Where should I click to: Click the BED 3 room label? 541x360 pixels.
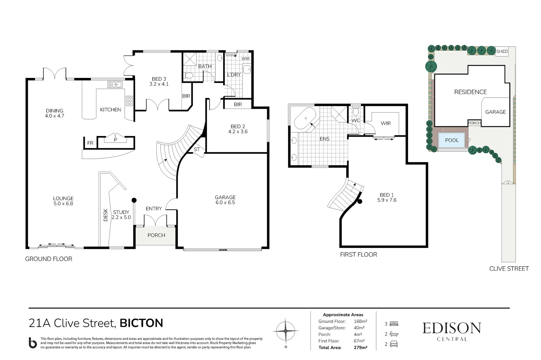tap(159, 79)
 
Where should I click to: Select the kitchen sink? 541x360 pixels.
tap(115, 85)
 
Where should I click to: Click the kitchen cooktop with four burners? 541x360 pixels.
tap(129, 101)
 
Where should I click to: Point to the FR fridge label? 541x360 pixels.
tap(90, 143)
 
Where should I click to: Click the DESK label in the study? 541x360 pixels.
tap(106, 215)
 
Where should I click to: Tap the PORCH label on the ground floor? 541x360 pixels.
tap(156, 235)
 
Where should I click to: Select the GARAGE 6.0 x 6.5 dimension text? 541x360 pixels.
tap(225, 202)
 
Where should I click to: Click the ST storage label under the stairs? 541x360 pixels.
tap(197, 149)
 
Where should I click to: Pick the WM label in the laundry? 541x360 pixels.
tap(246, 58)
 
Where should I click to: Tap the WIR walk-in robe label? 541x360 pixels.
tap(386, 123)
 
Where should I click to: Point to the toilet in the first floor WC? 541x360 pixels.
tap(355, 112)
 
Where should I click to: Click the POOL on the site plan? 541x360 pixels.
tap(452, 140)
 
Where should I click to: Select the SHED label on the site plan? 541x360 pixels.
tap(502, 51)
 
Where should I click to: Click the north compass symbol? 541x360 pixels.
tap(285, 331)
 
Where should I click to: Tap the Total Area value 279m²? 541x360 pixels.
tap(360, 347)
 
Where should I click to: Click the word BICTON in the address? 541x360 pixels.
tap(141, 323)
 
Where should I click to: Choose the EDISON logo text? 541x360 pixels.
tap(452, 328)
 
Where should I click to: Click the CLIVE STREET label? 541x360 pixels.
tap(509, 269)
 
